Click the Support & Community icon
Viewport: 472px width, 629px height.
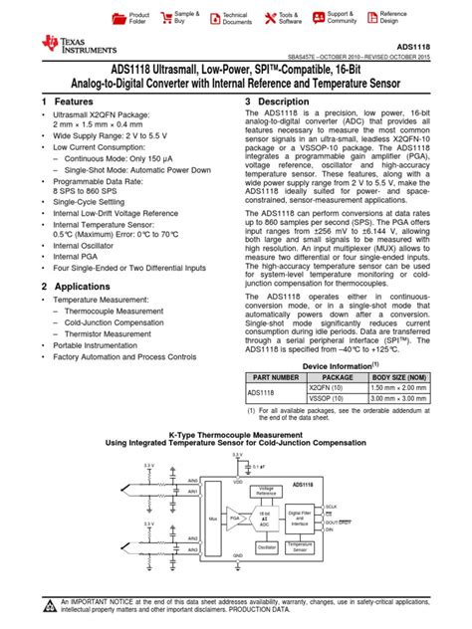[x=318, y=18]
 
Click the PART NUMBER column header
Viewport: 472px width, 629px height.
[x=276, y=378]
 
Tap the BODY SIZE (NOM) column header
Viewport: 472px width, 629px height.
[x=399, y=378]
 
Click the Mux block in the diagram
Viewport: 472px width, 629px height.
[x=212, y=519]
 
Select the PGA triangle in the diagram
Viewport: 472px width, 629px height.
[x=236, y=519]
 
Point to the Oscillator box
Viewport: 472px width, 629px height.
[x=266, y=546]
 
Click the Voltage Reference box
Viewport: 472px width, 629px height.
[x=266, y=491]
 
